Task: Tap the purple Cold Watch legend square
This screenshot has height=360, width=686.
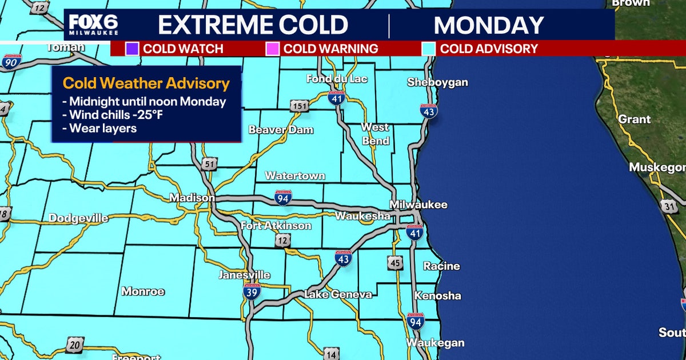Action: [x=132, y=49]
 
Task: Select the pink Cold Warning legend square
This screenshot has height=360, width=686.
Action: [x=273, y=49]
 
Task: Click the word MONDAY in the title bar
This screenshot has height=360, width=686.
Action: [x=489, y=25]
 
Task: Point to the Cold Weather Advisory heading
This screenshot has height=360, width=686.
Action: [x=146, y=84]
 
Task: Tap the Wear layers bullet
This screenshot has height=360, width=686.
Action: [x=100, y=128]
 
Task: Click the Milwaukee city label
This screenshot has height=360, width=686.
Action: [x=418, y=205]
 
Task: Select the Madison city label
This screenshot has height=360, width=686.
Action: [x=192, y=198]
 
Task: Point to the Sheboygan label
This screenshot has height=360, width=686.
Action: [x=437, y=82]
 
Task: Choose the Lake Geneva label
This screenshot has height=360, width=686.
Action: [x=338, y=294]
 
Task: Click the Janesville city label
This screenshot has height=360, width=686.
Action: [x=244, y=275]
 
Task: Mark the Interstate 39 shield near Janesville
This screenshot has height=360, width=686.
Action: [x=252, y=291]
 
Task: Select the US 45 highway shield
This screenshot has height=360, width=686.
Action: [x=394, y=262]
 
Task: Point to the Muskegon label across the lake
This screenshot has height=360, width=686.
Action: [x=657, y=167]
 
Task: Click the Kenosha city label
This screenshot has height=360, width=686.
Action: [x=437, y=296]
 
